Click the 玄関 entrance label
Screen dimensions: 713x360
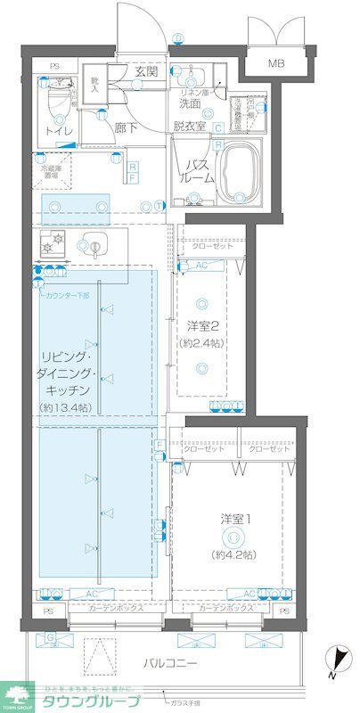pyautogui.click(x=146, y=71)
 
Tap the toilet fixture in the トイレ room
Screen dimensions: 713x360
pyautogui.click(x=56, y=100)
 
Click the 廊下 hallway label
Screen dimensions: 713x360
pyautogui.click(x=127, y=127)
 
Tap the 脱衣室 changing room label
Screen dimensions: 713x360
pyautogui.click(x=189, y=127)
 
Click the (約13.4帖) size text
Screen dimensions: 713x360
pyautogui.click(x=64, y=407)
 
